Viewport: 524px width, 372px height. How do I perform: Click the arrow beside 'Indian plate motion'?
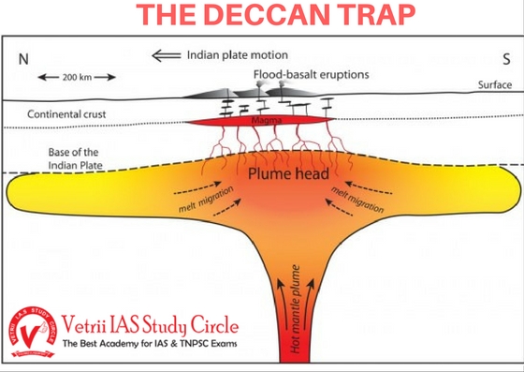pyautogui.click(x=167, y=54)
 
